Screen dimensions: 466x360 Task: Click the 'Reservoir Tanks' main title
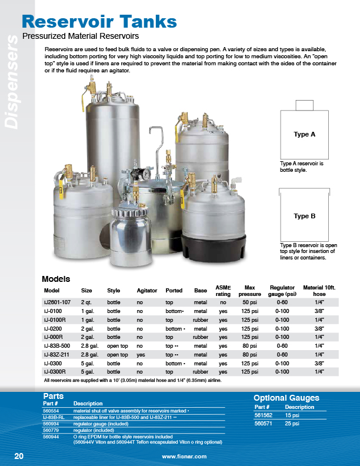point(99,22)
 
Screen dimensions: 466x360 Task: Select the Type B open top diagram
point(304,215)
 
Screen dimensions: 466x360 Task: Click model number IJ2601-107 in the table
point(58,302)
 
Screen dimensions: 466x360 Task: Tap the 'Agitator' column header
point(146,291)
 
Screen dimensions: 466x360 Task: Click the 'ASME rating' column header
point(223,290)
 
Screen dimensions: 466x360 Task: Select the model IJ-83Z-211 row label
point(58,355)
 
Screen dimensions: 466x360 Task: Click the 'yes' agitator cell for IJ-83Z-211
point(141,355)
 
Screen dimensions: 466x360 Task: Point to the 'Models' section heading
point(56,279)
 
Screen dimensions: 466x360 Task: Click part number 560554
point(51,410)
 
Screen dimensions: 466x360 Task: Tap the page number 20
point(19,456)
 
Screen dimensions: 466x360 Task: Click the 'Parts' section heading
point(53,397)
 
